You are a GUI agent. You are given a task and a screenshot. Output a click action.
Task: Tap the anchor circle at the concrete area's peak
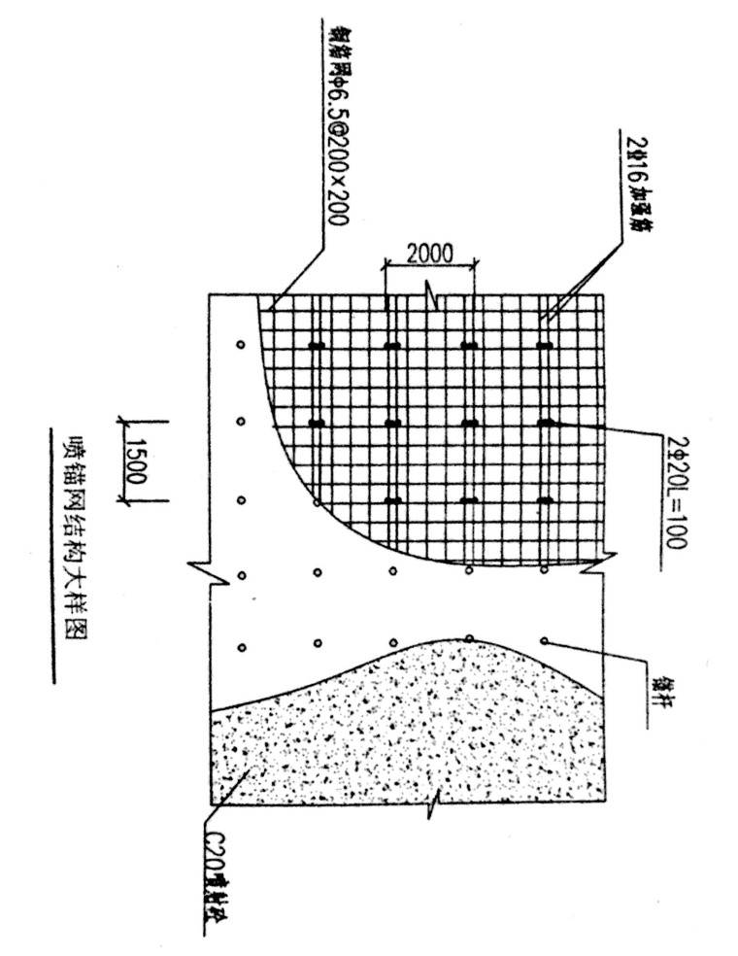pos(469,637)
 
